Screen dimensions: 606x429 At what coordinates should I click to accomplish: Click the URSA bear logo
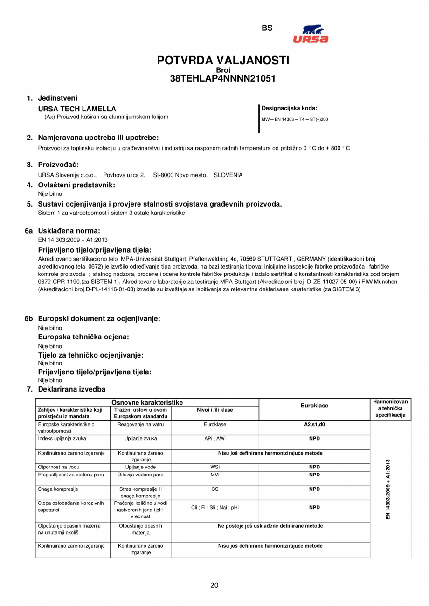(x=310, y=34)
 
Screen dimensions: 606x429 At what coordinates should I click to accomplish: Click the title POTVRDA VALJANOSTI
(x=223, y=60)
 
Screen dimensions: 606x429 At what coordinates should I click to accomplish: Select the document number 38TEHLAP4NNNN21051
(x=223, y=79)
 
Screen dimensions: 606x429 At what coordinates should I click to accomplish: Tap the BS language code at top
(x=267, y=28)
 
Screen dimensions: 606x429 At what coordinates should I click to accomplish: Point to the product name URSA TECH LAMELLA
(x=77, y=109)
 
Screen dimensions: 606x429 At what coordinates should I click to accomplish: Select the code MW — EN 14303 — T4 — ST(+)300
(x=295, y=119)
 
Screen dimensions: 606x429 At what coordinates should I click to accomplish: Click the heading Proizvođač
(x=58, y=165)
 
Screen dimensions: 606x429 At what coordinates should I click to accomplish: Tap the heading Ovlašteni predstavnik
(x=76, y=185)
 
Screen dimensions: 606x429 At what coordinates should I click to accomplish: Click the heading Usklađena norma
(x=69, y=230)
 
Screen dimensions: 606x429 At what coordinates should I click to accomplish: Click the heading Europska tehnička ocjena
(x=83, y=337)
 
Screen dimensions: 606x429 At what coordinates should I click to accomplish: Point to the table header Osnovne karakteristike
(x=147, y=402)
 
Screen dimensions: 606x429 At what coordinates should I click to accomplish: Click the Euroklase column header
(x=314, y=406)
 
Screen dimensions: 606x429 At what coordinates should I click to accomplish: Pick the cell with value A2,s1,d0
(x=314, y=425)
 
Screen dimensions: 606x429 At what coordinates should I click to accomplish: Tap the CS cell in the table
(x=214, y=489)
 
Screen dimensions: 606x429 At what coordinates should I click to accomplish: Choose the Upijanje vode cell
(x=140, y=467)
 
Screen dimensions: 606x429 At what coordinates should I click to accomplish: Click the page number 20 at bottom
(x=214, y=585)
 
